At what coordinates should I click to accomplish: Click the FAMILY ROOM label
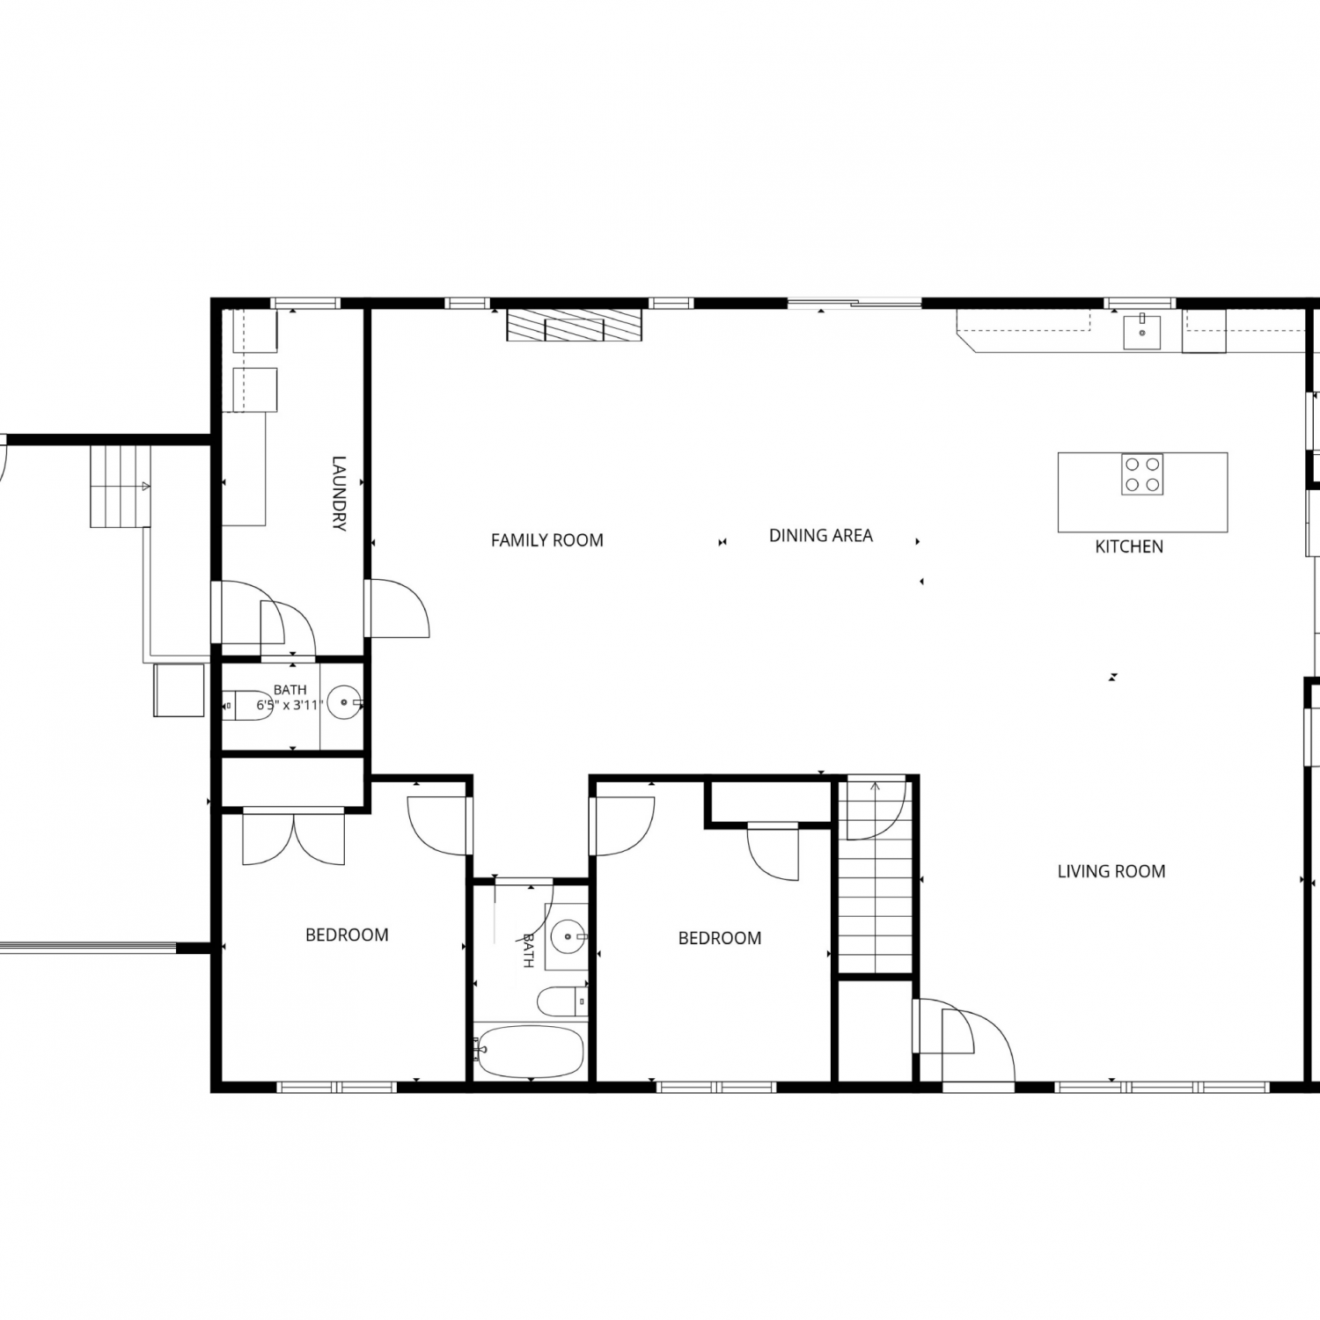click(x=547, y=540)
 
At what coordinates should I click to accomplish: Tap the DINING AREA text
click(x=821, y=535)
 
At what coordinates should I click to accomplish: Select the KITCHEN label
click(x=1129, y=546)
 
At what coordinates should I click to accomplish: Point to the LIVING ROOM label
click(x=1111, y=871)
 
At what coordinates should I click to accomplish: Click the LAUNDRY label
click(x=340, y=493)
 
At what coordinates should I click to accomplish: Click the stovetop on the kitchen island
click(x=1142, y=474)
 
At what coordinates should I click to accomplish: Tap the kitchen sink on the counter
click(x=1141, y=333)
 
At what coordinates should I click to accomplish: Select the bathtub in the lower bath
click(x=529, y=1051)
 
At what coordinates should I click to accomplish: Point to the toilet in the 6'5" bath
click(x=248, y=705)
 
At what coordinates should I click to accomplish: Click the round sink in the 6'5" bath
click(x=345, y=704)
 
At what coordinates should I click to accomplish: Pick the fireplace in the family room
click(x=575, y=325)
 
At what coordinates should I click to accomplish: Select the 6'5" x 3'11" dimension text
click(x=290, y=705)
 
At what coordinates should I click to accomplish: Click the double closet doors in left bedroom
click(x=294, y=836)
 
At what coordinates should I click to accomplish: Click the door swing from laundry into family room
click(x=398, y=608)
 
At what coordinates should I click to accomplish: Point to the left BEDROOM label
click(x=347, y=935)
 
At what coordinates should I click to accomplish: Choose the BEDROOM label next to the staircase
click(x=720, y=938)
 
